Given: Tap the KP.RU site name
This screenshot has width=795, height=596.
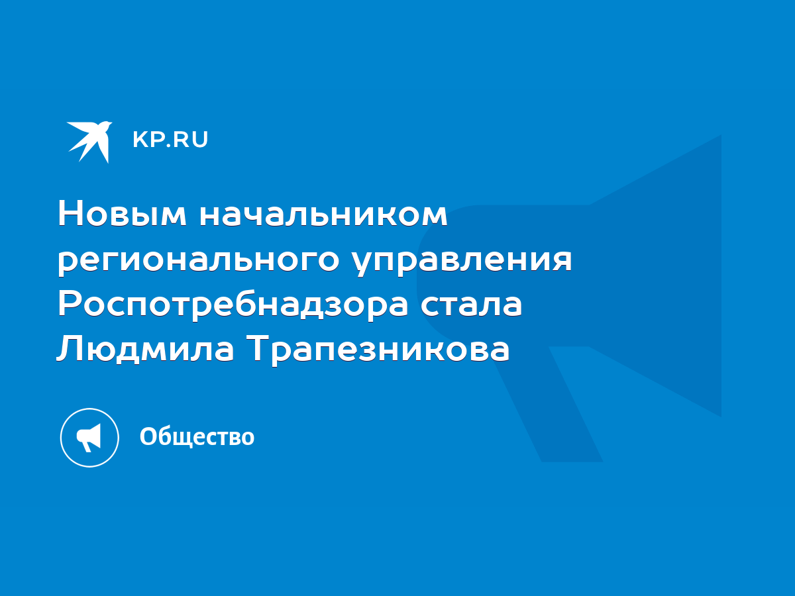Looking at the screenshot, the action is coord(170,140).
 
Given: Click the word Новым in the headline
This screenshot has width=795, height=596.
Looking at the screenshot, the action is coord(123,214).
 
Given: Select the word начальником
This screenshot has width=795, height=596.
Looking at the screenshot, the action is coord(323,215).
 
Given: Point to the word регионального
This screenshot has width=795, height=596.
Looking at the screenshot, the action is coord(199,260).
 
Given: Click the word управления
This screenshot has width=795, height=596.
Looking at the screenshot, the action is coord(462,260).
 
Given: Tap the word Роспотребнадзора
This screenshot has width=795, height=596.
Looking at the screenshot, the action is coord(233,305).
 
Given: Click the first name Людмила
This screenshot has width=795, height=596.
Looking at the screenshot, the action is coord(145,349).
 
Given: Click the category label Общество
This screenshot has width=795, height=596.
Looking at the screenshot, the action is coord(197,437).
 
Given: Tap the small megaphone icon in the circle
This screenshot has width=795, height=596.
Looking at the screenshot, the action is coord(89,438).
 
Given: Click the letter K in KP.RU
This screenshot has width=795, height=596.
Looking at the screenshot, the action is coord(140,140).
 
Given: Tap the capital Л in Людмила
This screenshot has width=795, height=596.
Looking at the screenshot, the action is coord(69,348).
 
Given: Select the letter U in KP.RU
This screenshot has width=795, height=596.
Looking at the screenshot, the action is coord(200,140).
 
